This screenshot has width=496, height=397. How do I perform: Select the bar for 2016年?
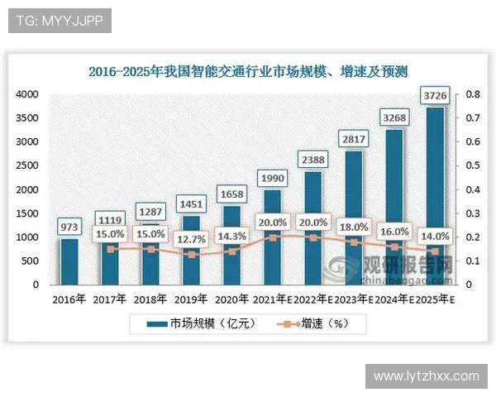tap(70, 261)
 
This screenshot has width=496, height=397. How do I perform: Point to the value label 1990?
tap(273, 179)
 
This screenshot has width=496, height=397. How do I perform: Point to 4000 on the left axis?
tap(28, 94)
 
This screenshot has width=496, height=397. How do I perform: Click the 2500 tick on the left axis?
tap(28, 165)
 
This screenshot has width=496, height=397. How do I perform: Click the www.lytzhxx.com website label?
tap(427, 375)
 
